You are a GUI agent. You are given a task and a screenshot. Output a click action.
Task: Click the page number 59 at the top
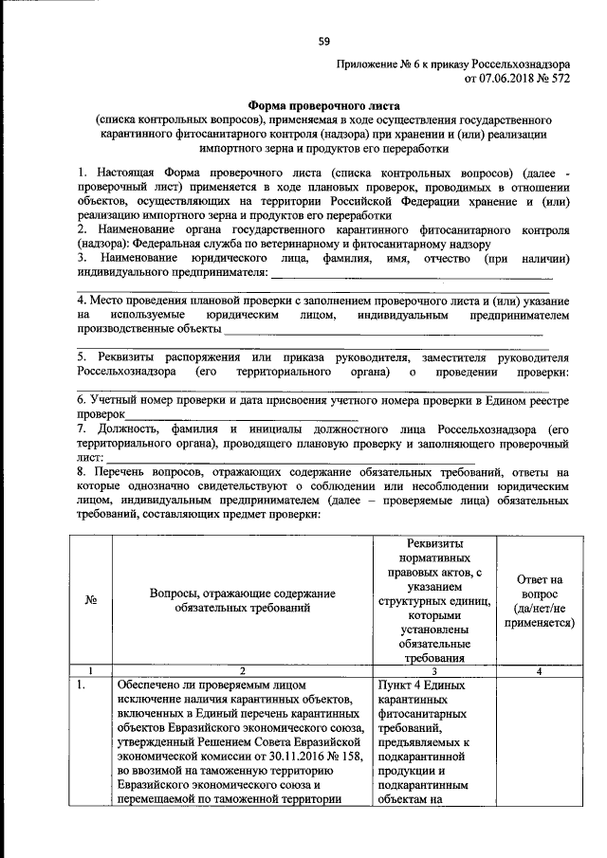pyautogui.click(x=324, y=41)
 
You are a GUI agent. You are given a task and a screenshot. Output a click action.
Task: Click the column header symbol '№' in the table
pyautogui.click(x=93, y=600)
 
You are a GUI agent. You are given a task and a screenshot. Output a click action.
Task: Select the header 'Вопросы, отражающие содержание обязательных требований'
pyautogui.click(x=243, y=600)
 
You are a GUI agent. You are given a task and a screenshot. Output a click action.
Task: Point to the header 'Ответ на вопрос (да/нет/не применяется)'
pyautogui.click(x=539, y=601)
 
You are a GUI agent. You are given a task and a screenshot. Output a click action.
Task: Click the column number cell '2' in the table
pyautogui.click(x=243, y=671)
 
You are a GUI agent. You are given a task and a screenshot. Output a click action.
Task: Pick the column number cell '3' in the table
pyautogui.click(x=432, y=671)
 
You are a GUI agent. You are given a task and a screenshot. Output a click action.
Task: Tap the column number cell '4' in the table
pyautogui.click(x=539, y=671)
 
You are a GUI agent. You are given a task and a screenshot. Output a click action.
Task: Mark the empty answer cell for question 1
pyautogui.click(x=539, y=749)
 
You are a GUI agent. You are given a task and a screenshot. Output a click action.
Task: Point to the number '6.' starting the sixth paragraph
pyautogui.click(x=83, y=401)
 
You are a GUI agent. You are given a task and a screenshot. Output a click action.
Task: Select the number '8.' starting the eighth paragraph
pyautogui.click(x=83, y=471)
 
